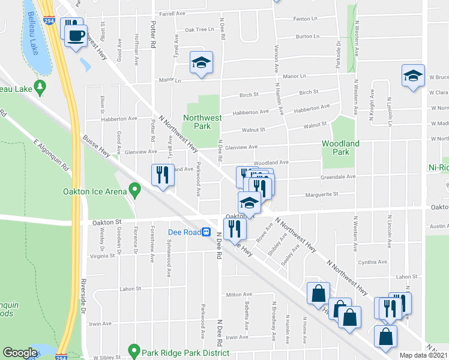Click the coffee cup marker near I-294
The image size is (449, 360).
(x=76, y=35)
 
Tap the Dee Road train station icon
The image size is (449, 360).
(x=206, y=231)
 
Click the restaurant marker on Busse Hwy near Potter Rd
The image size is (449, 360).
(x=163, y=175)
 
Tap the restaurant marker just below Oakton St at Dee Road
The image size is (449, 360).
(x=234, y=228)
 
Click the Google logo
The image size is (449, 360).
(x=20, y=353)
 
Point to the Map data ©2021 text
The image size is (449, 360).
(x=424, y=355)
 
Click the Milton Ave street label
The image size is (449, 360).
(x=238, y=295)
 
